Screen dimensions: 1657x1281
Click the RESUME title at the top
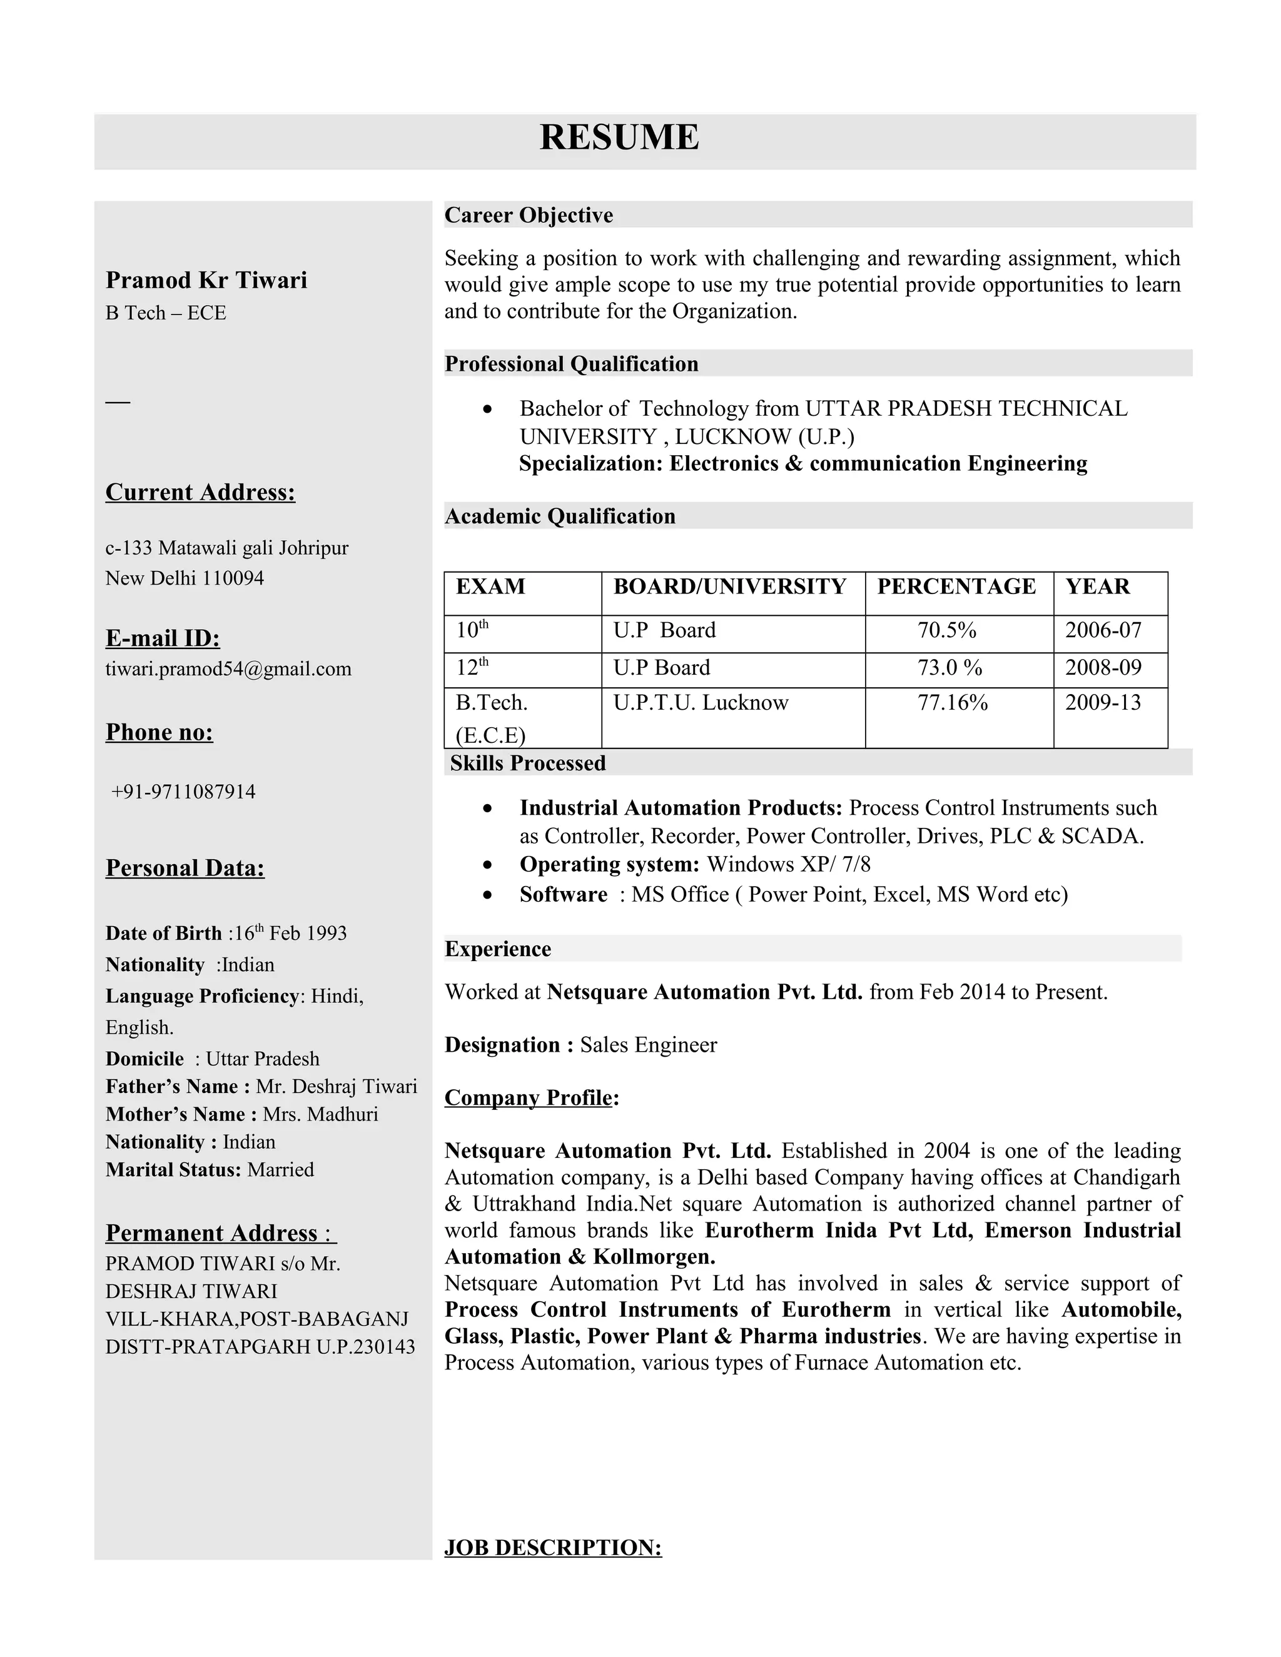619,138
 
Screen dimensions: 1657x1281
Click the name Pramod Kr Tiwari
206,280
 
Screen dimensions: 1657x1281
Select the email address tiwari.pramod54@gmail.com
228,669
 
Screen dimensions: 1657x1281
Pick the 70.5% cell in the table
946,630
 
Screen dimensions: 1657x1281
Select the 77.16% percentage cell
953,703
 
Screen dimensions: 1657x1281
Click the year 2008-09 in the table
1103,668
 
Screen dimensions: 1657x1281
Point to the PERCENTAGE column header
956,587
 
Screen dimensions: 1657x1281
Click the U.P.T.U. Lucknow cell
701,703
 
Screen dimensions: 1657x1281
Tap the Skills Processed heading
527,763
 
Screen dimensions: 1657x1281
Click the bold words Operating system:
609,865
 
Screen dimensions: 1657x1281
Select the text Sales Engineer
648,1045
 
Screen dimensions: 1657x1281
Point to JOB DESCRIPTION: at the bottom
552,1548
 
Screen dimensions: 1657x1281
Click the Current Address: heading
200,492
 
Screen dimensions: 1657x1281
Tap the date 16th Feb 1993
290,933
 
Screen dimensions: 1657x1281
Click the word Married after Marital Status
280,1170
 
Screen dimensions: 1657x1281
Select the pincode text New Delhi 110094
185,578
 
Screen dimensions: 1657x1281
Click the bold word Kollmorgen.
654,1257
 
